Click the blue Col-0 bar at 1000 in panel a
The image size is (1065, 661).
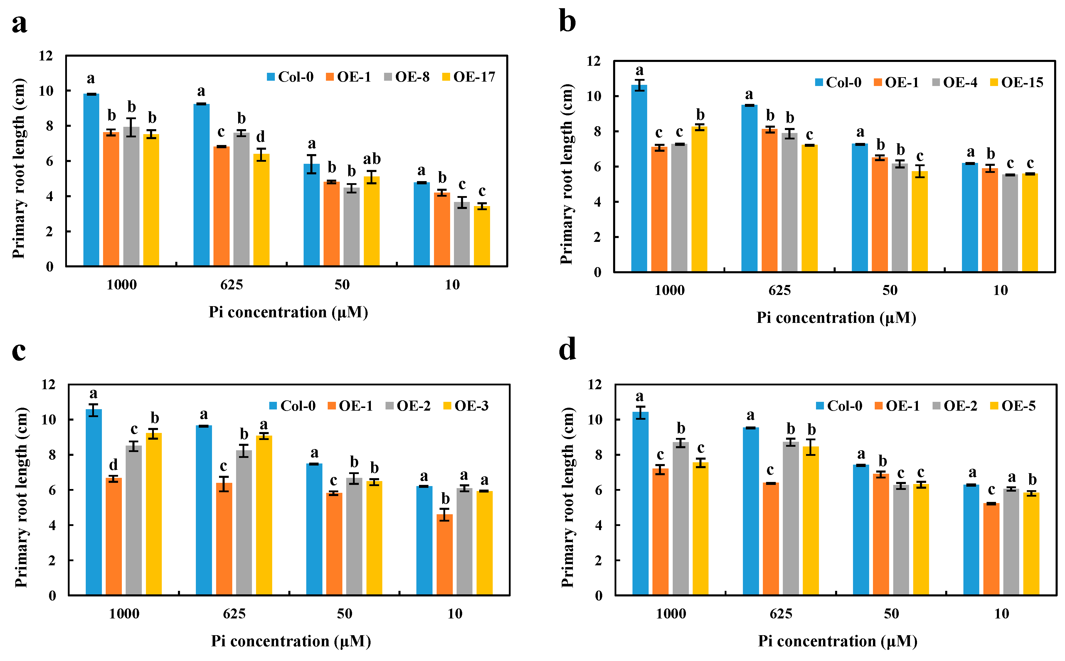point(91,180)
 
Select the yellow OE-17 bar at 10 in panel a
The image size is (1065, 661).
point(482,236)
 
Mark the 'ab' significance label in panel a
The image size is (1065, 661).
point(372,159)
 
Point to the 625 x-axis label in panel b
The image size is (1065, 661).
point(779,290)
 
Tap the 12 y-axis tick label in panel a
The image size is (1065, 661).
point(46,56)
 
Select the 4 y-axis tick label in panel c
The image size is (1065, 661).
point(52,525)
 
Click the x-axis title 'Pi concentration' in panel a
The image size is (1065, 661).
point(288,312)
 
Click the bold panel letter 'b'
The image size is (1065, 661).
point(567,22)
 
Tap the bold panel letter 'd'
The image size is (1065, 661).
point(567,350)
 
